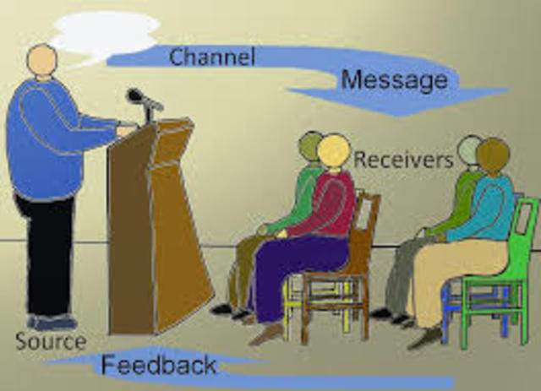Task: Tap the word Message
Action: pos(394,81)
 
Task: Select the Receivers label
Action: pos(403,159)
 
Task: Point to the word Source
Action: pos(50,342)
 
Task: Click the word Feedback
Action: pos(159,366)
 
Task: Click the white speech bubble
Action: pos(101,31)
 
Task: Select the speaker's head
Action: pos(41,60)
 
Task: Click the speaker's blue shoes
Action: pos(52,322)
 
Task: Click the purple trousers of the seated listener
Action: pos(296,270)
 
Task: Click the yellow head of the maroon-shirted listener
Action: pos(333,151)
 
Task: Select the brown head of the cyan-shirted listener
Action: pos(493,155)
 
